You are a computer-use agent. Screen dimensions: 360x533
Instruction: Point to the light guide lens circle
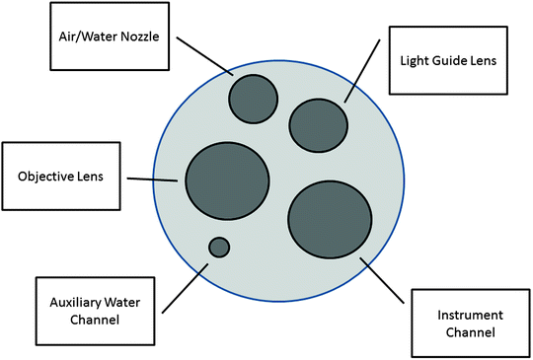coord(318,123)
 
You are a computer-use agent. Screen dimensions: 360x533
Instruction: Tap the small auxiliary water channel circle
coord(218,247)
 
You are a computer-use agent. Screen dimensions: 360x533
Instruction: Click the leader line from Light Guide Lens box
coord(361,71)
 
